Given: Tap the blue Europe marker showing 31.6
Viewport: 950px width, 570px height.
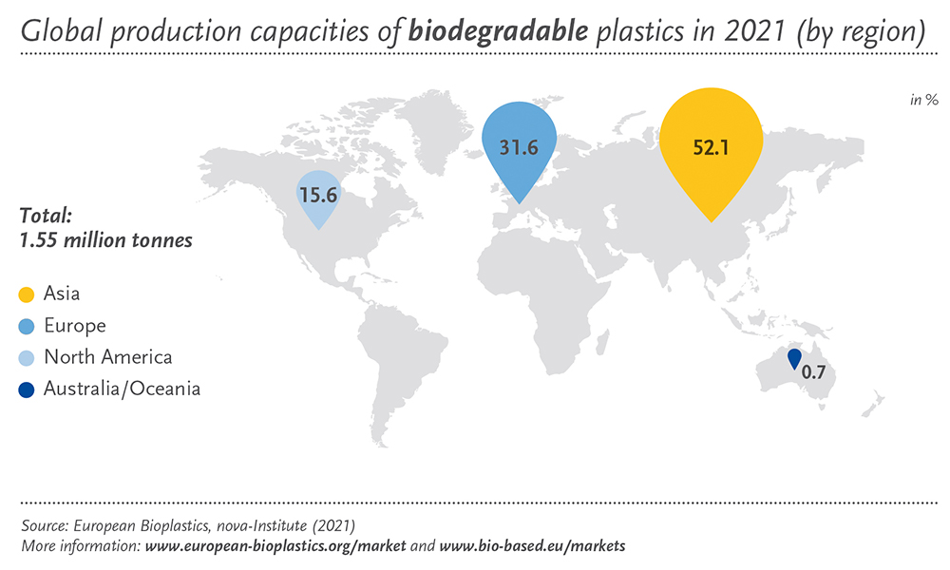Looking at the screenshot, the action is click(520, 145).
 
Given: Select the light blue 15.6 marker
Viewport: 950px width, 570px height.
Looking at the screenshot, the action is click(318, 195).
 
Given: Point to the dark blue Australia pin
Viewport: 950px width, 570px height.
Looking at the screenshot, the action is click(793, 358).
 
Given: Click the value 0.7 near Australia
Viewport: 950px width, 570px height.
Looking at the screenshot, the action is click(813, 371).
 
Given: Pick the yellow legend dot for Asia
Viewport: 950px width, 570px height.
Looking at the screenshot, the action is click(27, 295).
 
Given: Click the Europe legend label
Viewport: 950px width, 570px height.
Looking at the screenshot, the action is click(75, 326).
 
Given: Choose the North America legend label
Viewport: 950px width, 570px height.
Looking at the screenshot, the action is click(108, 357).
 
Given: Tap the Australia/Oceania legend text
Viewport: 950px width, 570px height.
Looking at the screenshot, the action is click(122, 389).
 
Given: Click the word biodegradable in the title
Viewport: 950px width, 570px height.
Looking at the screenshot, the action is click(498, 31).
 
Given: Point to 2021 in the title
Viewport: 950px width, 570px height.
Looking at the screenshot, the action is click(755, 31).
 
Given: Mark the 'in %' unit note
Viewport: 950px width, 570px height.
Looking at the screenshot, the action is click(924, 100).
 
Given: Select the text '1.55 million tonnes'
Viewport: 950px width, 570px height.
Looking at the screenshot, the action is click(106, 240).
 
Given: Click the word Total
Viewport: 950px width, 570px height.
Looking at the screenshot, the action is click(46, 215).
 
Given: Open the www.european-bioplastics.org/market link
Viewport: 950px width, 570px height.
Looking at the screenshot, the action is click(275, 545).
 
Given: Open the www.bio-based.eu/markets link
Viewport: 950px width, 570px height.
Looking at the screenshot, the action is click(532, 545).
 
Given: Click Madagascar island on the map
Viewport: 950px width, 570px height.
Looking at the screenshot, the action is click(601, 342).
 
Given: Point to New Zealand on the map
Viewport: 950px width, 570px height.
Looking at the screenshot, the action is click(873, 405).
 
